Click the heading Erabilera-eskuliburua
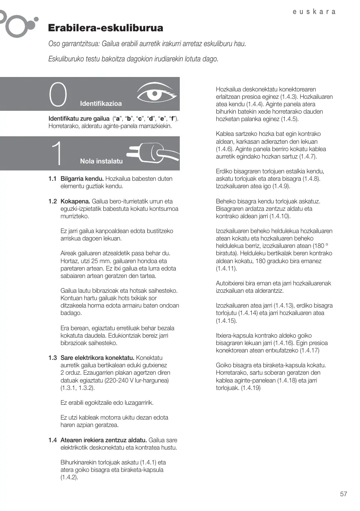click(106, 28)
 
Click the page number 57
click(344, 494)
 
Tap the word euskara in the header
click(314, 12)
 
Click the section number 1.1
click(52, 179)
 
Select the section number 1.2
click(52, 201)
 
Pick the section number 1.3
click(52, 357)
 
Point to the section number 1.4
click(52, 440)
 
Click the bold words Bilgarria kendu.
click(82, 179)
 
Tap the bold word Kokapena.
click(76, 201)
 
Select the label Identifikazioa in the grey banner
click(101, 103)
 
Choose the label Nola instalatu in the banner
click(101, 161)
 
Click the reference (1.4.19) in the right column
click(251, 388)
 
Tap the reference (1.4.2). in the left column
click(70, 478)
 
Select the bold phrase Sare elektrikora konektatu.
click(97, 357)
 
